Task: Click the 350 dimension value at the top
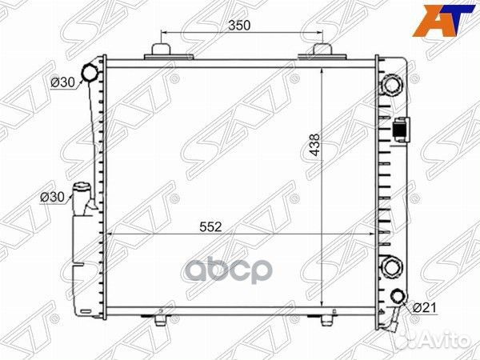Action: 239,26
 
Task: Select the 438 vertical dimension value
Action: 314,145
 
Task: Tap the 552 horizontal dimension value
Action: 210,227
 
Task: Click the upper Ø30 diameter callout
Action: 62,82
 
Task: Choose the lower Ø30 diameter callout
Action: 52,197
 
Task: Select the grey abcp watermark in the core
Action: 228,270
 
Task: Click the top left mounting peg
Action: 161,50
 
